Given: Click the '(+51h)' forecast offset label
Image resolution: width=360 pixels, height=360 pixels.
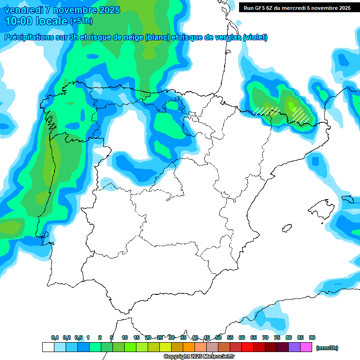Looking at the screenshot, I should [x=81, y=21].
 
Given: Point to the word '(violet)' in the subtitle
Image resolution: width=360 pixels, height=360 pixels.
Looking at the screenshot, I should [x=255, y=37].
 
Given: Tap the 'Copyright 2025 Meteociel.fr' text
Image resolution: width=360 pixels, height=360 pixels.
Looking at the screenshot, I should [x=199, y=357].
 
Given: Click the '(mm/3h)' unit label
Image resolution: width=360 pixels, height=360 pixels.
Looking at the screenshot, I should [x=327, y=348].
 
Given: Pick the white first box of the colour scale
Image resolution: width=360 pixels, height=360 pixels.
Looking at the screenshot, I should [x=48, y=347].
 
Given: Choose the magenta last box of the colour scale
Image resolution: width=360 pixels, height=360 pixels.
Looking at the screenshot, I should [x=306, y=347].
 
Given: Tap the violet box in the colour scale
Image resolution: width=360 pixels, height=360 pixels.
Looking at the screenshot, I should [x=294, y=347].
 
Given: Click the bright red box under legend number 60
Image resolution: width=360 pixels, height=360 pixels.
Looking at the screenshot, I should [x=247, y=347].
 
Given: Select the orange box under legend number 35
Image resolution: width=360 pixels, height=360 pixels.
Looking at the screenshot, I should [x=189, y=347].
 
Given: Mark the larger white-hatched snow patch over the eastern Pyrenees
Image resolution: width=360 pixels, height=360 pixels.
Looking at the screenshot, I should [x=300, y=112].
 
